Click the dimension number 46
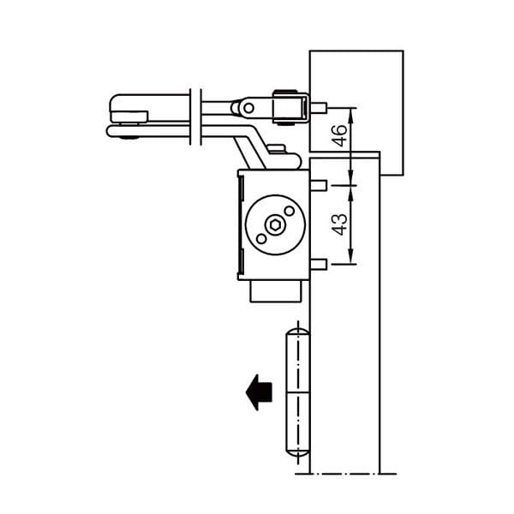click(x=339, y=135)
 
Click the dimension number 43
click(x=339, y=224)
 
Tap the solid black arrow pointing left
click(x=259, y=392)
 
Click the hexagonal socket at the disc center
click(x=275, y=225)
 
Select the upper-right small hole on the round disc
click(x=290, y=211)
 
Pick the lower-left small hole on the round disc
click(x=261, y=239)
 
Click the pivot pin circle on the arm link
click(x=248, y=108)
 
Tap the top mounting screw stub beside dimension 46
click(x=319, y=108)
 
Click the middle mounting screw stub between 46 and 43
click(x=319, y=186)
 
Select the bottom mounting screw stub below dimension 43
click(x=319, y=264)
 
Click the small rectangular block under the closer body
click(x=275, y=291)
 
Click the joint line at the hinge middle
click(x=297, y=392)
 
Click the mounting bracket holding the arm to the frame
click(x=291, y=108)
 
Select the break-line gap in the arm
click(x=195, y=117)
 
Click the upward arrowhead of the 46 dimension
click(x=350, y=113)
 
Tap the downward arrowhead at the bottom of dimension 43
click(x=350, y=258)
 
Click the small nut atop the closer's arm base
click(x=277, y=148)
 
